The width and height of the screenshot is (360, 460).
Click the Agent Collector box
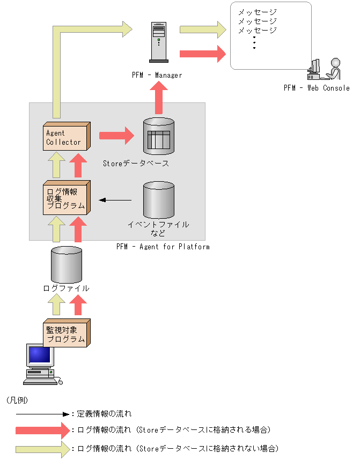pos(67,136)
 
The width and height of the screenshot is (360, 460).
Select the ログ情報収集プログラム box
pos(67,198)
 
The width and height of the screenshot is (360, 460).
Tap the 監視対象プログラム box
pos(67,333)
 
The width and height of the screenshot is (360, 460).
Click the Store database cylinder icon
pos(159,136)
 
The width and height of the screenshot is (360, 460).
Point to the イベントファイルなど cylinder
pos(159,200)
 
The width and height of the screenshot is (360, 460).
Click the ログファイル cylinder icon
pos(67,265)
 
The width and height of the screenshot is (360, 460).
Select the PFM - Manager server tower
pos(159,42)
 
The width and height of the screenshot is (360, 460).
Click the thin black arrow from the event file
pos(115,200)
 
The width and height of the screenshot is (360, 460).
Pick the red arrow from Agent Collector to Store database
pos(116,136)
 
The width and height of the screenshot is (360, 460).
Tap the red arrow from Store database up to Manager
pos(159,98)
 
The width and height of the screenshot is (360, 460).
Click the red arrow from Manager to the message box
pos(203,54)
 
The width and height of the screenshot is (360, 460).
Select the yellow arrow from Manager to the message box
pos(203,29)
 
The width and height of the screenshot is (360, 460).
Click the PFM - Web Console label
pos(317,88)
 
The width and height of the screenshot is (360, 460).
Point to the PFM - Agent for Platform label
pos(163,247)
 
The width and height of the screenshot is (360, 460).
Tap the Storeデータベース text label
pos(136,164)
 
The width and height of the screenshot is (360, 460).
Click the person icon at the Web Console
pos(333,69)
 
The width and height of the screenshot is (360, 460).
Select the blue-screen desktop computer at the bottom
pos(42,365)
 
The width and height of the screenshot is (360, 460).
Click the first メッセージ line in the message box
pos(257,12)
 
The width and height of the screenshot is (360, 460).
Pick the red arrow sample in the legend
pos(43,431)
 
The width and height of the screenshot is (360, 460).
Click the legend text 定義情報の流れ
pos(104,414)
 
